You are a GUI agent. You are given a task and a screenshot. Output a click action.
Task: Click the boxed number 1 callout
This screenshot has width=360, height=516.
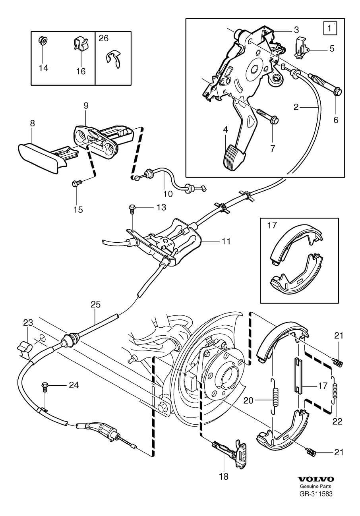(x=329, y=29)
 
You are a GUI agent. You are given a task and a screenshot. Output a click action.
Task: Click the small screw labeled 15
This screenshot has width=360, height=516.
(x=77, y=183)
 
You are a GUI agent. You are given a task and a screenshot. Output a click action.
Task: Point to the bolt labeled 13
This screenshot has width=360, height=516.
(x=132, y=209)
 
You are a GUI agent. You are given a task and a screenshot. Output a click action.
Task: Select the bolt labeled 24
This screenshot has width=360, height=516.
(x=45, y=387)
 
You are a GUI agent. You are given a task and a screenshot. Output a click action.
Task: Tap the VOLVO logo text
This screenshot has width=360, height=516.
(x=316, y=479)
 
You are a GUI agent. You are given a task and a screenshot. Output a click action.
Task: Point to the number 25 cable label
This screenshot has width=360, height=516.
(x=95, y=305)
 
